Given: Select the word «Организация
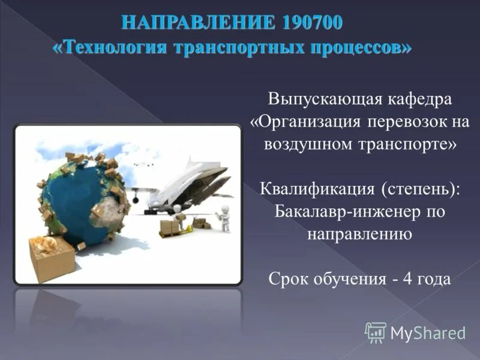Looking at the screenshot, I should click(305, 122).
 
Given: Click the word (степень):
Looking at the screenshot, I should click(421, 189).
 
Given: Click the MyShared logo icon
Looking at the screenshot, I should click(375, 332).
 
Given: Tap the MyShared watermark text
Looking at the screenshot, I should click(428, 333).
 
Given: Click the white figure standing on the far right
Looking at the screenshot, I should click(224, 217).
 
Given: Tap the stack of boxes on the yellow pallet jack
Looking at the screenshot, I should click(169, 227).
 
